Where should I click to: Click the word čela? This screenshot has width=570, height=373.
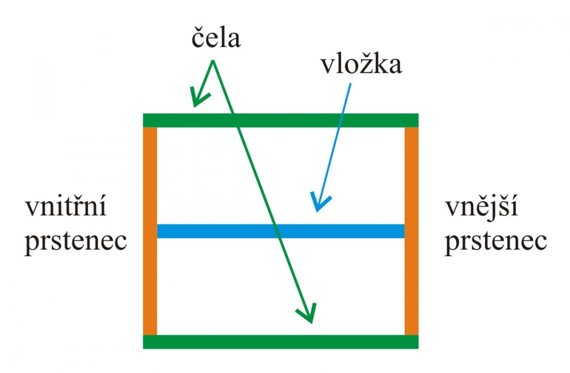click(x=216, y=38)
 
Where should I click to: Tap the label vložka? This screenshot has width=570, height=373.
click(x=361, y=64)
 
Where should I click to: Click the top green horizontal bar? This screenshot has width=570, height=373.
click(x=280, y=120)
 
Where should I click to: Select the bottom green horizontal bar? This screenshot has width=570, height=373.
click(x=280, y=342)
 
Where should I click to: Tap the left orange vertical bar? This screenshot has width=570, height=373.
click(x=150, y=231)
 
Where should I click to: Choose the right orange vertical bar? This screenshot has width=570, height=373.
click(x=412, y=231)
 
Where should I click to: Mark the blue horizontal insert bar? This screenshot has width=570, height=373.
click(x=280, y=231)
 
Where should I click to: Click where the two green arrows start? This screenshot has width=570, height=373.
click(x=213, y=60)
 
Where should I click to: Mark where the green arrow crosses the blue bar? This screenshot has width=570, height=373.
click(x=277, y=231)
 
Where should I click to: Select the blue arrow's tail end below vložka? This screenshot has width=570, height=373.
click(x=351, y=84)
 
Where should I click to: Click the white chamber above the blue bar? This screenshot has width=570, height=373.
click(x=280, y=176)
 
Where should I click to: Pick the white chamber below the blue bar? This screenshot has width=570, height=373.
click(x=280, y=286)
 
